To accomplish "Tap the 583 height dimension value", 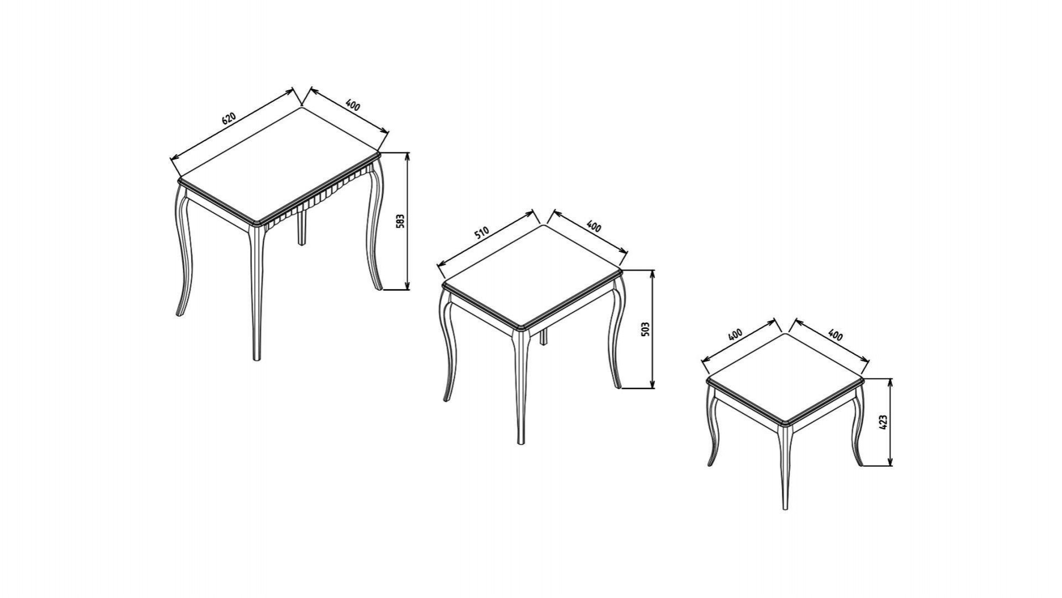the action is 402,220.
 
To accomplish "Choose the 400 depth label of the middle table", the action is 594,226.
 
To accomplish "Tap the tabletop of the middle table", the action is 533,277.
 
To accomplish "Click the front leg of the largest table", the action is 256,293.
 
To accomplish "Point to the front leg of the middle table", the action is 520,388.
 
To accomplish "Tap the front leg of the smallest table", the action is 785,468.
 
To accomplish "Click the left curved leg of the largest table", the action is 183,252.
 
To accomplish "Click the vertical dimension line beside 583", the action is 408,221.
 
